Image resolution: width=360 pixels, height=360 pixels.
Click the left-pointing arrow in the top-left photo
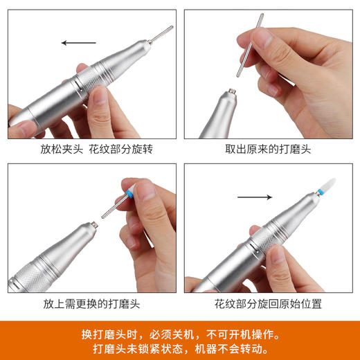click(78, 43)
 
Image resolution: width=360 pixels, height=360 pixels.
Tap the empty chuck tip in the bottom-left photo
click(91, 225)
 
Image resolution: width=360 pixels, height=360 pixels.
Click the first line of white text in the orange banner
click(179, 332)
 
